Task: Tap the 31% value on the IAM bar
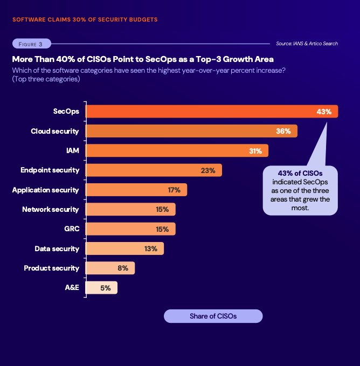point(255,151)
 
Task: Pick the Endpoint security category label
point(50,170)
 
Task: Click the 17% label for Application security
point(174,190)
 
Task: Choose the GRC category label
point(72,229)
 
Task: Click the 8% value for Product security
point(122,268)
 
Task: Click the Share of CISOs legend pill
point(213,316)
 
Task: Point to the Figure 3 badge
point(31,44)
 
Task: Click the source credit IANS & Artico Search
point(307,44)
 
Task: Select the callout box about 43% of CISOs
point(300,190)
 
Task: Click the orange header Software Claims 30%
point(85,19)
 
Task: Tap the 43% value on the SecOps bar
point(324,112)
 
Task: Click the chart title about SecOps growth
point(143,59)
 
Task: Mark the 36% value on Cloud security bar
point(283,131)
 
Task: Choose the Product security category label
point(51,268)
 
